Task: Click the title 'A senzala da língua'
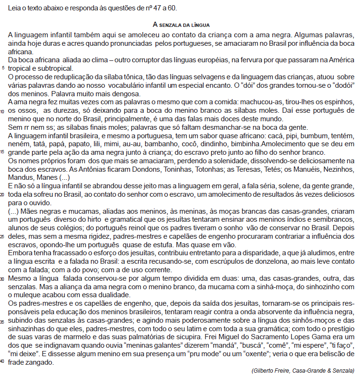(181, 24)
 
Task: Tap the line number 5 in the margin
(4, 68)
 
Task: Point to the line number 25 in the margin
(4, 236)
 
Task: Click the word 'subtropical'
(46, 68)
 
